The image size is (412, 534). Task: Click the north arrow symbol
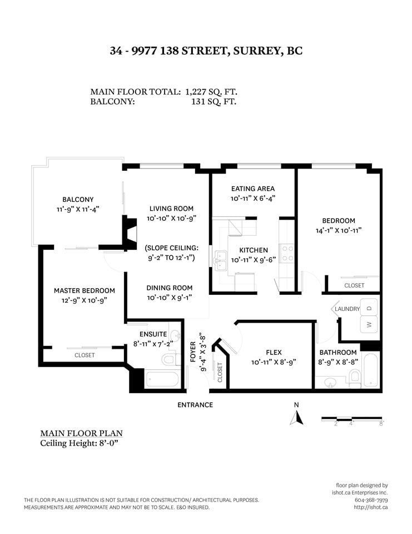point(296,418)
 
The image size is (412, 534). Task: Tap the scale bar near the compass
point(351,418)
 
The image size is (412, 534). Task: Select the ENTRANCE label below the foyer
point(195,405)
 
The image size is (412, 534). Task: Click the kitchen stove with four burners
point(287,254)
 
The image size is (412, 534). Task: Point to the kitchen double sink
point(221,260)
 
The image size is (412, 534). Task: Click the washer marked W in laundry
point(369,324)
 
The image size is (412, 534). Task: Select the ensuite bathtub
point(162,379)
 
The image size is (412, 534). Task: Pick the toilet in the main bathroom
point(355,379)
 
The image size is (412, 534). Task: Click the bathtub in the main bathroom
point(370,370)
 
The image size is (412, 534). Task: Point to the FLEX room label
point(274,353)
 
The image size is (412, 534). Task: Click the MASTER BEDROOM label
point(85,290)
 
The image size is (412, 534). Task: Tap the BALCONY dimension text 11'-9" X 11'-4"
point(78,209)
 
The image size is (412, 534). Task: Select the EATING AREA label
point(252,189)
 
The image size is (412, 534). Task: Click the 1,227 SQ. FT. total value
point(211,92)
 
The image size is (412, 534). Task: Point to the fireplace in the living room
point(130,233)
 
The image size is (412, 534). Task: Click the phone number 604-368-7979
point(371,500)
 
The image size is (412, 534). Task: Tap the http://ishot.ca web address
point(371,507)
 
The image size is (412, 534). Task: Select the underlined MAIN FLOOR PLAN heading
point(81,433)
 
